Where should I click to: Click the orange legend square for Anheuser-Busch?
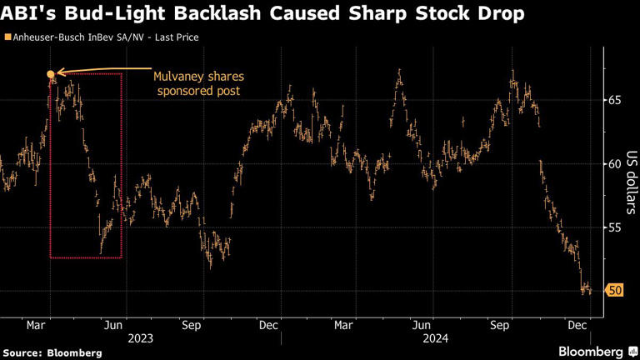(x=7, y=37)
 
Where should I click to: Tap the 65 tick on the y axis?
(x=614, y=100)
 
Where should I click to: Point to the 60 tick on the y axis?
(x=614, y=163)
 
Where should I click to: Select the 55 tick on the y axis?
(x=614, y=227)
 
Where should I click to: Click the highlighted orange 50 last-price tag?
(x=615, y=290)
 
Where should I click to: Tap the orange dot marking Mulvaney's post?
(x=51, y=76)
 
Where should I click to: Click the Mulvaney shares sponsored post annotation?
(x=198, y=83)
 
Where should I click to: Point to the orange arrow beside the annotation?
(x=100, y=72)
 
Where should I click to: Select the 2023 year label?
(x=140, y=338)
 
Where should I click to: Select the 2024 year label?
(x=434, y=338)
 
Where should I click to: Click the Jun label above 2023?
(x=114, y=326)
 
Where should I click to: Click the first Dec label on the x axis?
(x=269, y=326)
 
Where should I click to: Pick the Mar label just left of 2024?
(x=344, y=326)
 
